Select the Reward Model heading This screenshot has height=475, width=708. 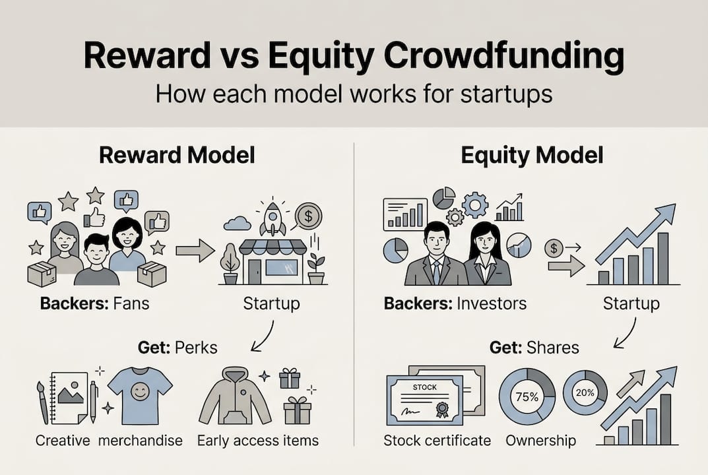[x=177, y=156]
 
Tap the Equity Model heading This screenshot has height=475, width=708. [x=532, y=156]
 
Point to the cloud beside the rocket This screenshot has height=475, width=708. [x=238, y=224]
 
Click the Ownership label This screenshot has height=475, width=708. [x=540, y=440]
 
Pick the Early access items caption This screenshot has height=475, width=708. [x=258, y=440]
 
